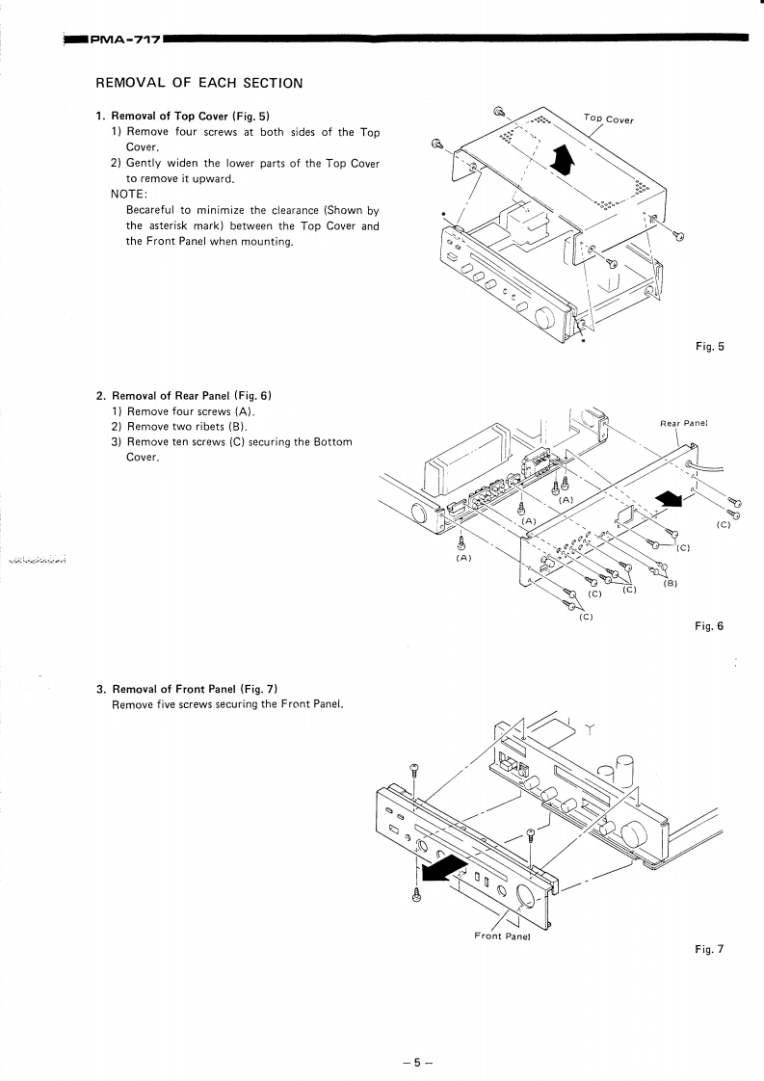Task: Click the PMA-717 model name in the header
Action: coord(125,40)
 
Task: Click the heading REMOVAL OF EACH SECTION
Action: coord(199,83)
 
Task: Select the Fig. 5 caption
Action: coord(708,347)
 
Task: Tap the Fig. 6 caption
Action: coord(708,626)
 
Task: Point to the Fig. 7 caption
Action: coord(708,949)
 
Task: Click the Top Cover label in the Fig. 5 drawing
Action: coord(609,119)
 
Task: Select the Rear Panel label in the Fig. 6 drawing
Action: coord(683,422)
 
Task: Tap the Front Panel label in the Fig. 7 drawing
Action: coord(503,936)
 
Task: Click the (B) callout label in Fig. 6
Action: coord(671,584)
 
